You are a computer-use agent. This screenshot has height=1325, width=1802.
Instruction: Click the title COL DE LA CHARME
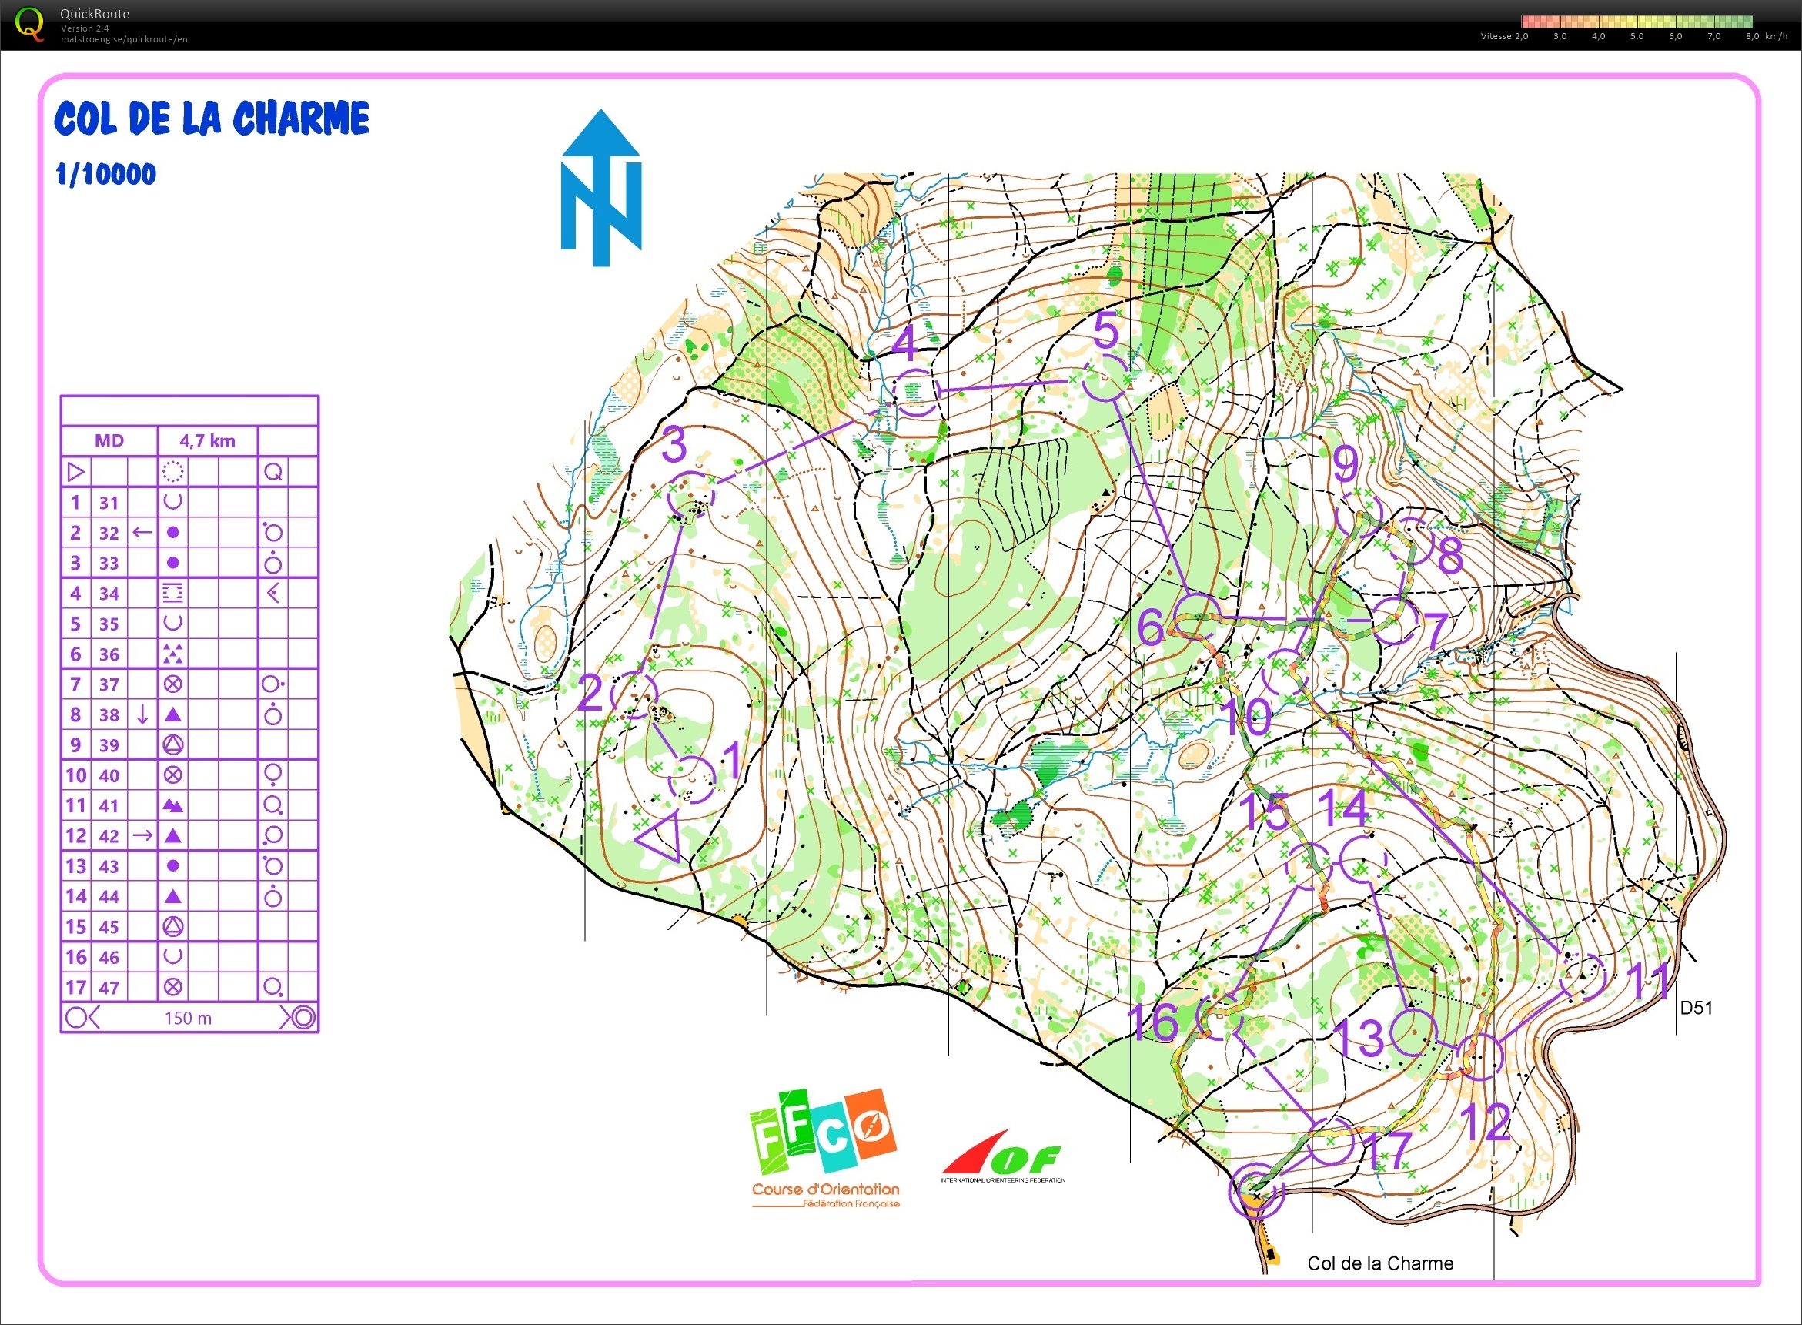pyautogui.click(x=212, y=119)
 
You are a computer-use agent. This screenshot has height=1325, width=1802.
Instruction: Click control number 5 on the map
pyautogui.click(x=1105, y=330)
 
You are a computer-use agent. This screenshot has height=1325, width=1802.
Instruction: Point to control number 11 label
pyautogui.click(x=1651, y=980)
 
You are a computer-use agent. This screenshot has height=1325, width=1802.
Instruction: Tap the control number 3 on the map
pyautogui.click(x=674, y=445)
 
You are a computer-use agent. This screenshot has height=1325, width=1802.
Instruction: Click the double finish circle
pyautogui.click(x=1256, y=1190)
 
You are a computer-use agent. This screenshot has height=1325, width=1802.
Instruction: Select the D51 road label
pyautogui.click(x=1695, y=1007)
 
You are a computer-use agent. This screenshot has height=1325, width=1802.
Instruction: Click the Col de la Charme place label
pyautogui.click(x=1379, y=1263)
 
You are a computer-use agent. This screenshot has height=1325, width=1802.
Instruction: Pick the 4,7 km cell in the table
pyautogui.click(x=207, y=440)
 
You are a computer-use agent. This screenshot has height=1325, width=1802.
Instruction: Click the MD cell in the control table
pyautogui.click(x=109, y=440)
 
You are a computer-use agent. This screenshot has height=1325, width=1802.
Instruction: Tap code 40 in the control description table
pyautogui.click(x=109, y=775)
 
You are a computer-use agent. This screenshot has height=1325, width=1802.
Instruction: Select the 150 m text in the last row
pyautogui.click(x=188, y=1018)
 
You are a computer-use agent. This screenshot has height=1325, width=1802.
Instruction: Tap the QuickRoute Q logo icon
pyautogui.click(x=30, y=24)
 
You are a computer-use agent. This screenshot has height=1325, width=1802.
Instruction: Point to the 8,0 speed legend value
pyautogui.click(x=1751, y=36)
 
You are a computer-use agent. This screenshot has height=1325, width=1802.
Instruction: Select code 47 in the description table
pyautogui.click(x=109, y=987)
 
